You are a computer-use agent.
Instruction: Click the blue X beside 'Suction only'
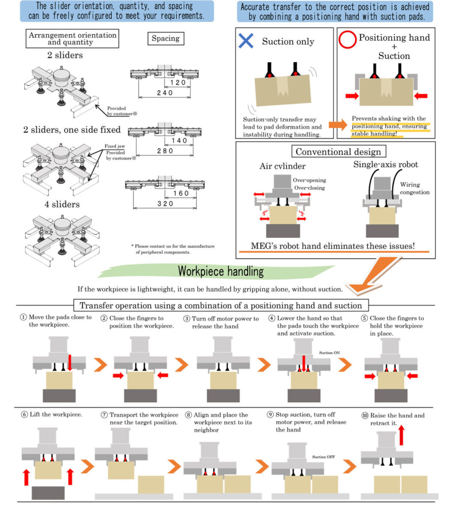pyautogui.click(x=246, y=41)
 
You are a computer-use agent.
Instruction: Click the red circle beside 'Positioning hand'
pyautogui.click(x=347, y=39)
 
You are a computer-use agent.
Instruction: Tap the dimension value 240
pyautogui.click(x=165, y=93)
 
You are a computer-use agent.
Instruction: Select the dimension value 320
pyautogui.click(x=165, y=204)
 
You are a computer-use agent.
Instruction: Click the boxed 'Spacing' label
pyautogui.click(x=166, y=39)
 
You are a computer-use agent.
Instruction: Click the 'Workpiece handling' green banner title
pyautogui.click(x=221, y=272)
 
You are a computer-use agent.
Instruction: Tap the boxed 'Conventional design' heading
pyautogui.click(x=338, y=152)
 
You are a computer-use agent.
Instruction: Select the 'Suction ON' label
pyautogui.click(x=329, y=353)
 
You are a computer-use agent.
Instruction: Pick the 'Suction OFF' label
pyautogui.click(x=323, y=457)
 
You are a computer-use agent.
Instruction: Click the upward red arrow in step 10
pyautogui.click(x=401, y=435)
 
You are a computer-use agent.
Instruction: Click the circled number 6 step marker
pyautogui.click(x=24, y=415)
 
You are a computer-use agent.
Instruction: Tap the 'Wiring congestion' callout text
pyautogui.click(x=414, y=188)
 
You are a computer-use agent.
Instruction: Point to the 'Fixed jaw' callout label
pyautogui.click(x=115, y=146)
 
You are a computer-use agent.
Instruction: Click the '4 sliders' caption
pyautogui.click(x=62, y=204)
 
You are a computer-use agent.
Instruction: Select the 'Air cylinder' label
pyautogui.click(x=282, y=166)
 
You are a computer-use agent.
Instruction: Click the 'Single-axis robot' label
pyautogui.click(x=386, y=164)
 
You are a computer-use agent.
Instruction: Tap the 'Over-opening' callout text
pyautogui.click(x=309, y=180)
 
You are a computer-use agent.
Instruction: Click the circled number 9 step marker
pyautogui.click(x=270, y=415)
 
